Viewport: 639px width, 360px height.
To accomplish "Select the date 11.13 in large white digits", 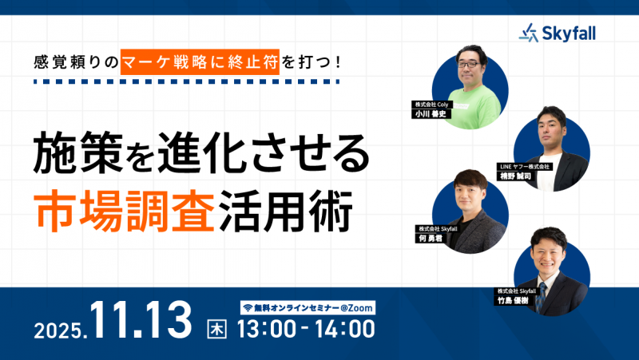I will click(141, 320).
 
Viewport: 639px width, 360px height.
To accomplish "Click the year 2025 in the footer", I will click(60, 327).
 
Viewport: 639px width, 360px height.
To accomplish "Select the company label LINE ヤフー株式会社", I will click(526, 166).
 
